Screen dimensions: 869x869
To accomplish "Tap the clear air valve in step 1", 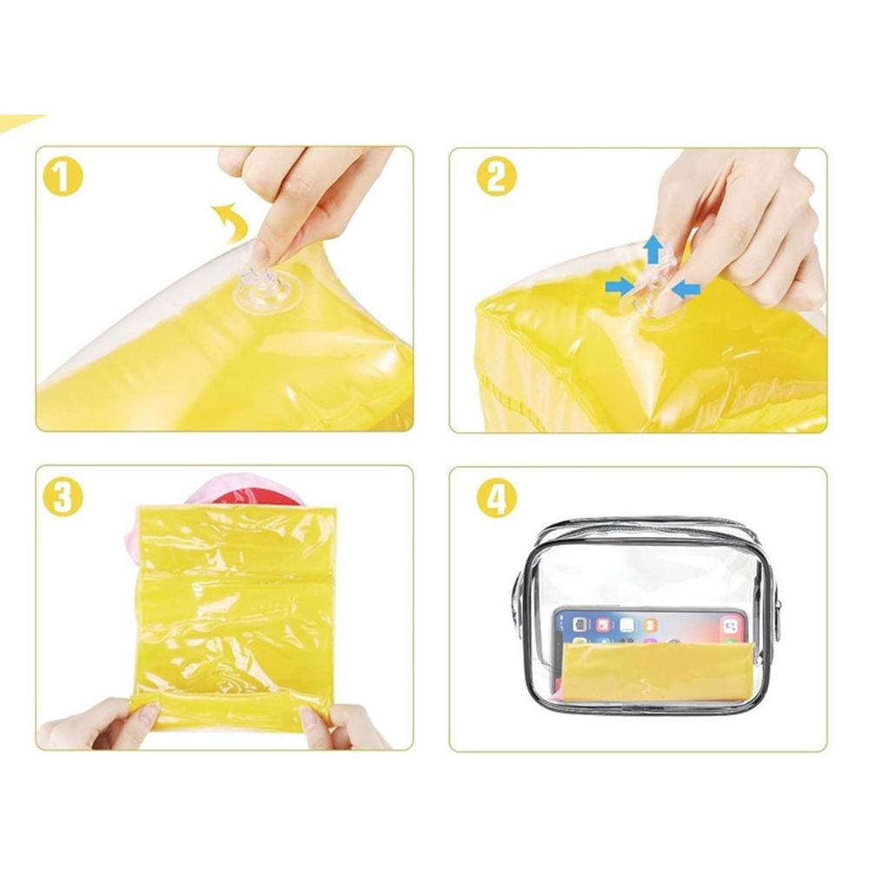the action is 267,291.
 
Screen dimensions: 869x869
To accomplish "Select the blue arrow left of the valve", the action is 620,287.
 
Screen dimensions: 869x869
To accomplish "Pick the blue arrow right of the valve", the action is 686,289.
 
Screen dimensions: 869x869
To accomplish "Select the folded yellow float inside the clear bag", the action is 657,672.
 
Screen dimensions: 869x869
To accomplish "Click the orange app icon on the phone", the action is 651,625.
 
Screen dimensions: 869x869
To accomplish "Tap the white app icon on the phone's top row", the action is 627,625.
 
